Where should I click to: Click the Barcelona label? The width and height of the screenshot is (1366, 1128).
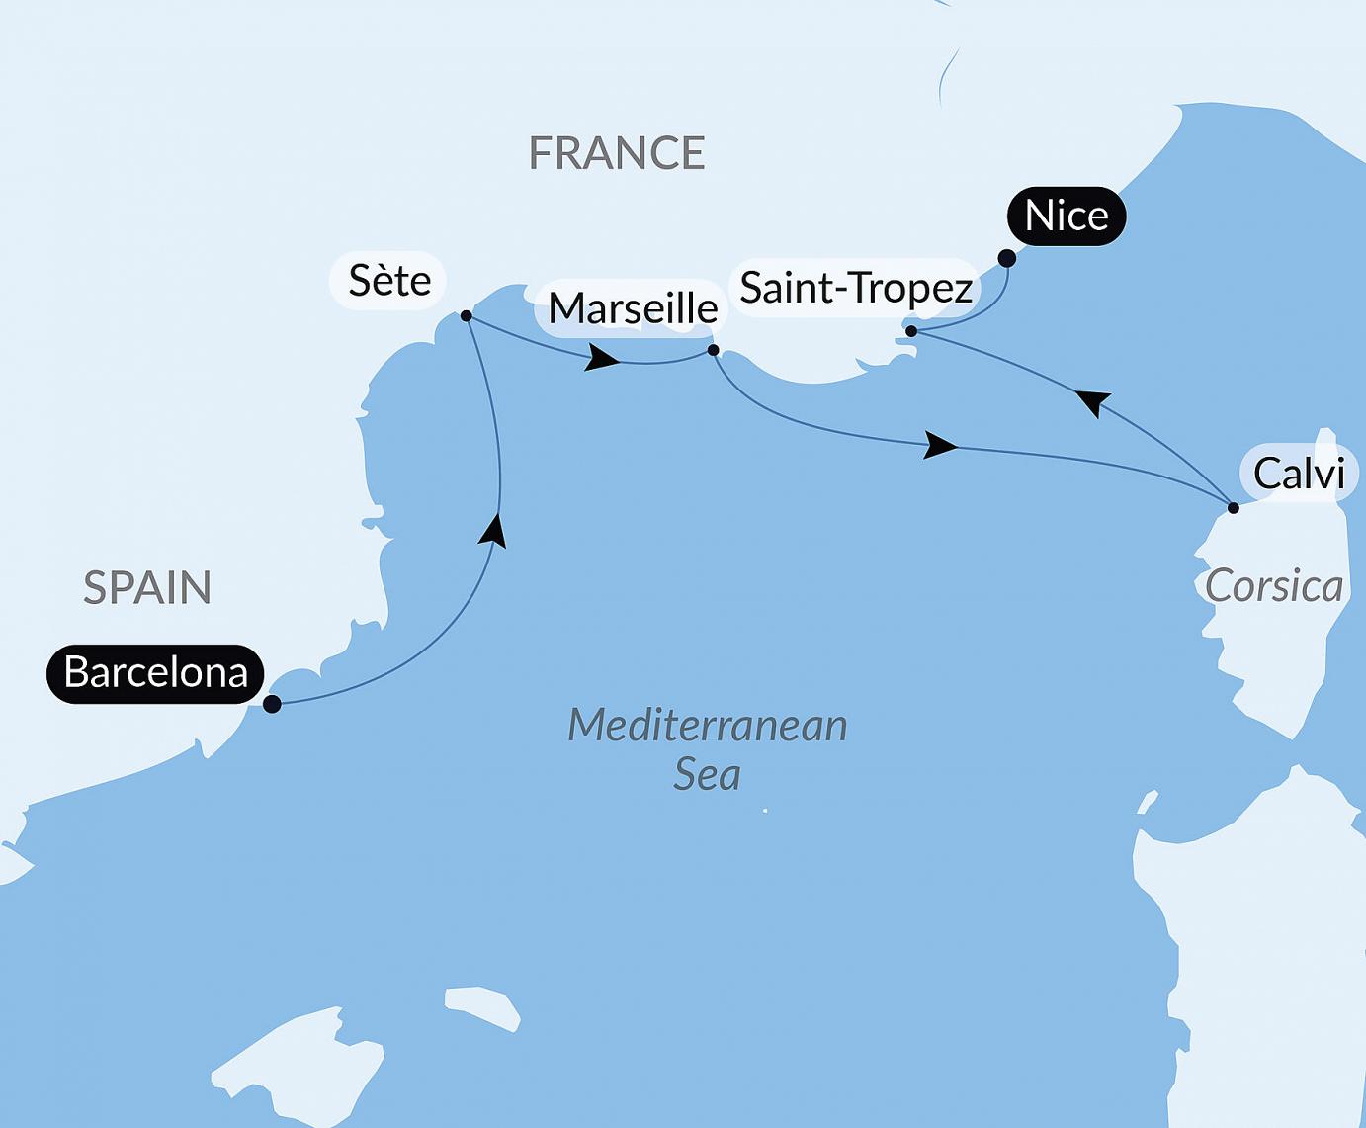click(155, 673)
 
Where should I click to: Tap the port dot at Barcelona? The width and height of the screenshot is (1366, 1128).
click(272, 704)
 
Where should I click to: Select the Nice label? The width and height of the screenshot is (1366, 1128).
click(1066, 216)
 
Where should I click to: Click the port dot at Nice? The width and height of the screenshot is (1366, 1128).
click(1006, 259)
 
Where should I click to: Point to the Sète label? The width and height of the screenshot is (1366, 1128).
click(388, 281)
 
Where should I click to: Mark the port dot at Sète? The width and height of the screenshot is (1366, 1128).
click(466, 316)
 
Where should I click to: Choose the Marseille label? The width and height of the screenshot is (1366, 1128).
click(633, 308)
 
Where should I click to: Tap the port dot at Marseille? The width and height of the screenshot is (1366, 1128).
click(714, 350)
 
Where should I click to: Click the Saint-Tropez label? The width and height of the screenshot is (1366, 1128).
click(856, 288)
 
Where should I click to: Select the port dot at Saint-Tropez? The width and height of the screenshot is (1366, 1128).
click(911, 331)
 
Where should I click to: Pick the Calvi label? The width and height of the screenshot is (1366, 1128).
click(1298, 474)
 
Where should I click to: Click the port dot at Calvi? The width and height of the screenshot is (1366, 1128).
click(1233, 508)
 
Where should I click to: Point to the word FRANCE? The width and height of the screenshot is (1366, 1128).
click(617, 153)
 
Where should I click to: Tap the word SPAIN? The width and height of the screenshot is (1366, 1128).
click(147, 588)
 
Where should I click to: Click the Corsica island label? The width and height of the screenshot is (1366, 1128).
click(1273, 586)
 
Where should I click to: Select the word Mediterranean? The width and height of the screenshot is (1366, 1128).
click(708, 726)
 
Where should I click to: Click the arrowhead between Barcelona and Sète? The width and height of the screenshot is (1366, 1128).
click(493, 530)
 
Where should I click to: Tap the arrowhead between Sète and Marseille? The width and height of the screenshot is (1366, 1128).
click(601, 358)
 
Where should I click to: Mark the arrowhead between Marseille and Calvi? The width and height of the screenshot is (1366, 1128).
click(940, 446)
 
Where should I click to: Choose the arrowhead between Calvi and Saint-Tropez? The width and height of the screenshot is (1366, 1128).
click(1093, 401)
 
